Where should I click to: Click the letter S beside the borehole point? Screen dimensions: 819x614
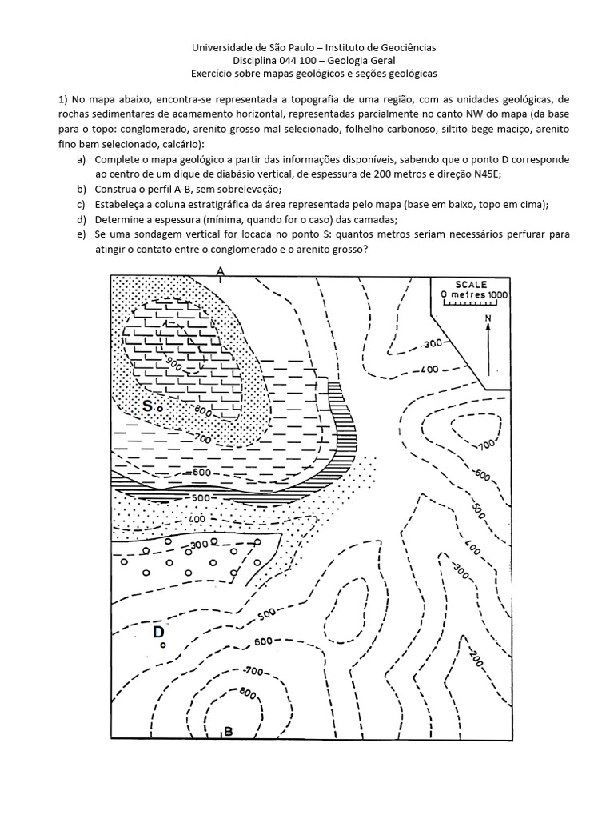[x=147, y=406]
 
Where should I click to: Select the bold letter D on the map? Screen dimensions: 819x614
[x=158, y=632]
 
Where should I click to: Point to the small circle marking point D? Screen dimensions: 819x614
[x=163, y=645]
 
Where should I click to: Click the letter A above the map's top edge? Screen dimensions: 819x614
[x=220, y=272]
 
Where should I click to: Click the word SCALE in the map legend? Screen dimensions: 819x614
[x=472, y=284]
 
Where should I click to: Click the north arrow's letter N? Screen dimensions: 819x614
[x=487, y=318]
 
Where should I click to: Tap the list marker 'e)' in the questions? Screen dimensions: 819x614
[x=82, y=234]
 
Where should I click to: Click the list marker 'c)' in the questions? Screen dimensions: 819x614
[x=82, y=204]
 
